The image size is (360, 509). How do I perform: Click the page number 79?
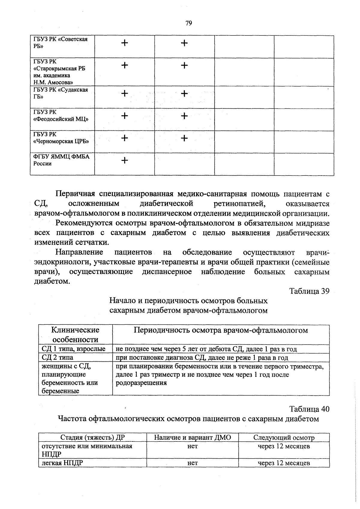point(189,23)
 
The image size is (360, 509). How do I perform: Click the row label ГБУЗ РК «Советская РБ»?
point(60,43)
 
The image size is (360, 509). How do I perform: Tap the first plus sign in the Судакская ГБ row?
point(124,94)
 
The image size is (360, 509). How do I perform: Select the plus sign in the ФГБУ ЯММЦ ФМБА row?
point(124,161)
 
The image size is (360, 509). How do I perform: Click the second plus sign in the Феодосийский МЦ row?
point(184,116)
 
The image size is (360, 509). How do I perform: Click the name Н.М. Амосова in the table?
point(53,82)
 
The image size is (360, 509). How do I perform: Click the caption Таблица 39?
point(309,291)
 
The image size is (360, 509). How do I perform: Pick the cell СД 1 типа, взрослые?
point(73,349)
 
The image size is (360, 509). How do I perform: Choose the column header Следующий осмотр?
point(284,437)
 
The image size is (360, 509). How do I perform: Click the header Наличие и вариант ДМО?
point(192,437)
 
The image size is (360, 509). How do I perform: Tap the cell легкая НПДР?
point(62,463)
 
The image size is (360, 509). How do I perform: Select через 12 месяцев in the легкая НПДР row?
point(284,463)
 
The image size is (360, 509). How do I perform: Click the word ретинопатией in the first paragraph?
point(239,203)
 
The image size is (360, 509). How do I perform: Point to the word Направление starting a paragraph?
point(79,252)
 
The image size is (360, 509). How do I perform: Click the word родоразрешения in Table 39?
point(141,383)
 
